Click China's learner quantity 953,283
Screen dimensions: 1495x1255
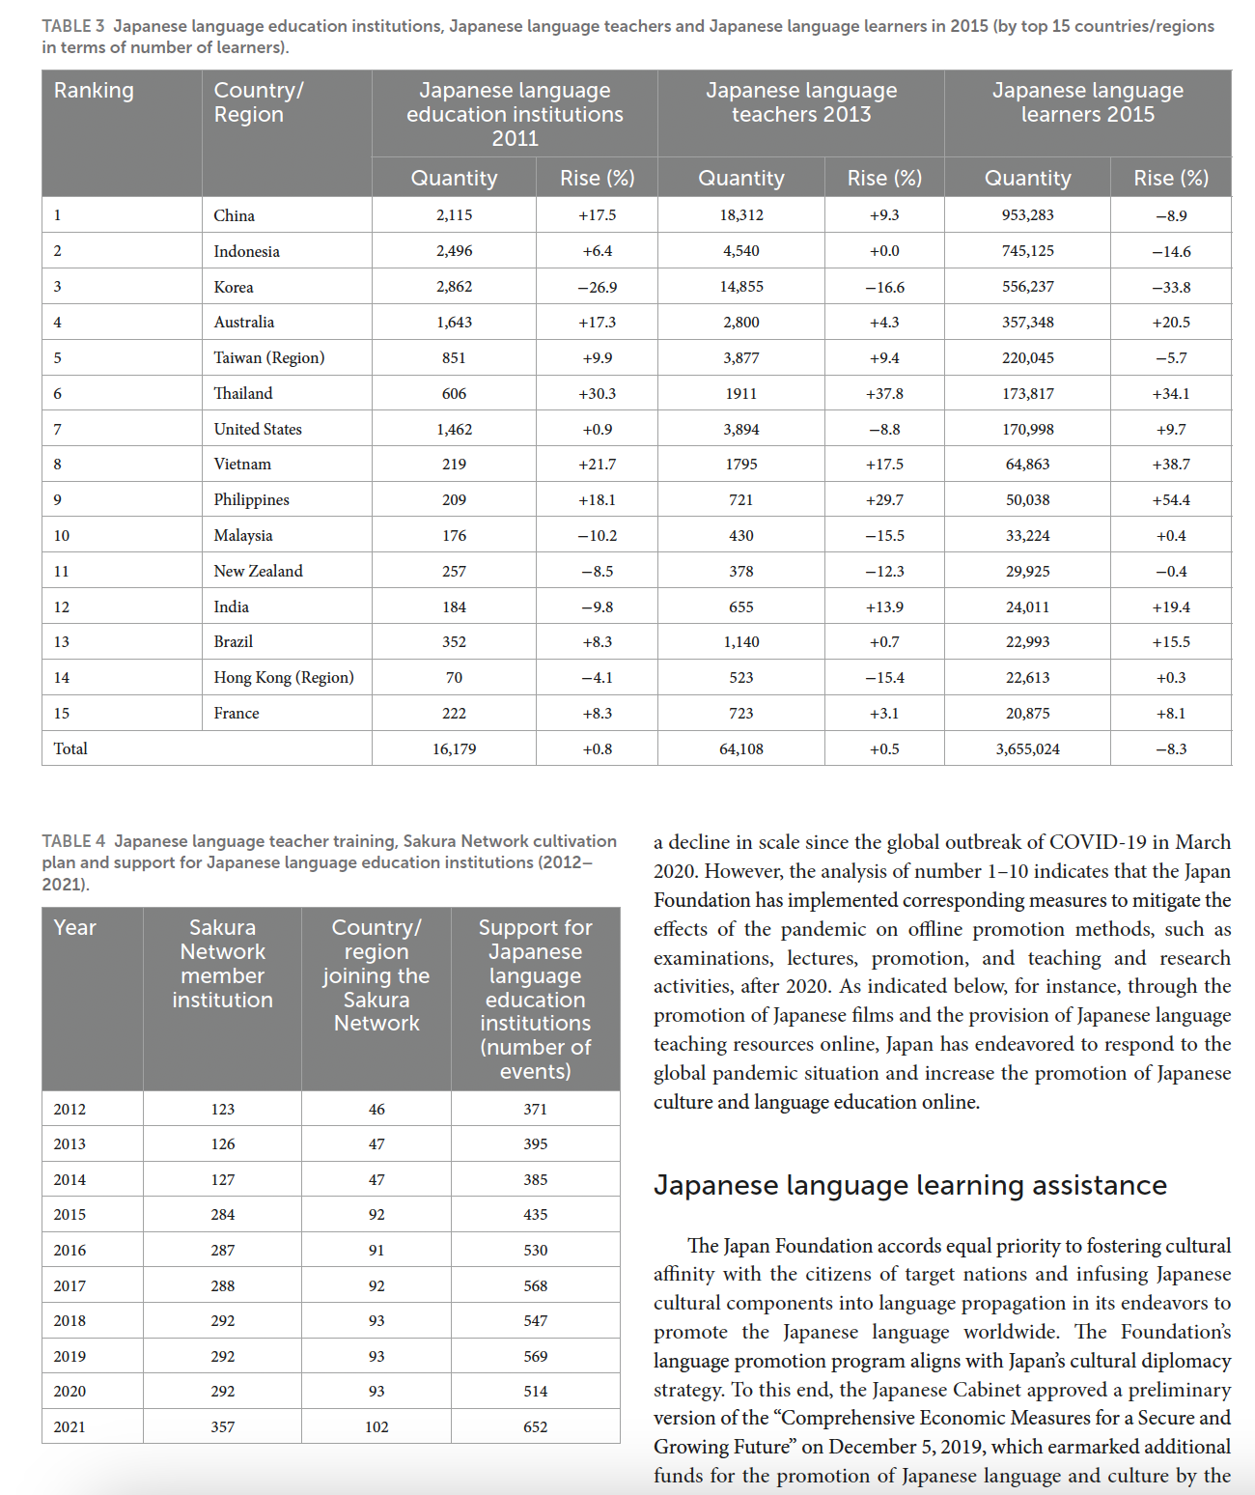tap(1027, 215)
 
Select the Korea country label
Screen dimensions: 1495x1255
tap(234, 287)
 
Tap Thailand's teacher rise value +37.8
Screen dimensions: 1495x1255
tap(884, 394)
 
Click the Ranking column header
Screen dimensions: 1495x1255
tap(94, 91)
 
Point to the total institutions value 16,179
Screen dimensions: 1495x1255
tap(454, 749)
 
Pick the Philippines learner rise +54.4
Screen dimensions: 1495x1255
tap(1171, 500)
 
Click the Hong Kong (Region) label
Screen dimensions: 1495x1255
tap(284, 678)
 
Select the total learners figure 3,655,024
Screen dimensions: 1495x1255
tap(1027, 749)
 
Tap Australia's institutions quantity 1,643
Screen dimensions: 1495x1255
tap(454, 323)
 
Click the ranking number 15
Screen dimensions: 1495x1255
tap(62, 714)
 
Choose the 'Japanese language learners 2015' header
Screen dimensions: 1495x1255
tap(1087, 102)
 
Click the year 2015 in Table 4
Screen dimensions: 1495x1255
tap(70, 1215)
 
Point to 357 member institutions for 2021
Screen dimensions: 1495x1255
tap(223, 1427)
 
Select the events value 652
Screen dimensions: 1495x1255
tap(535, 1427)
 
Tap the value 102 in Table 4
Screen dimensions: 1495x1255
tap(376, 1427)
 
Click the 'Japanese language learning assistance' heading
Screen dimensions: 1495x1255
tap(909, 1185)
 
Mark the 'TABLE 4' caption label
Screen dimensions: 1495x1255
tap(73, 841)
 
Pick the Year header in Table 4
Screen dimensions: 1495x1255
tap(75, 928)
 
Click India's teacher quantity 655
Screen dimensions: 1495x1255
tap(740, 607)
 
